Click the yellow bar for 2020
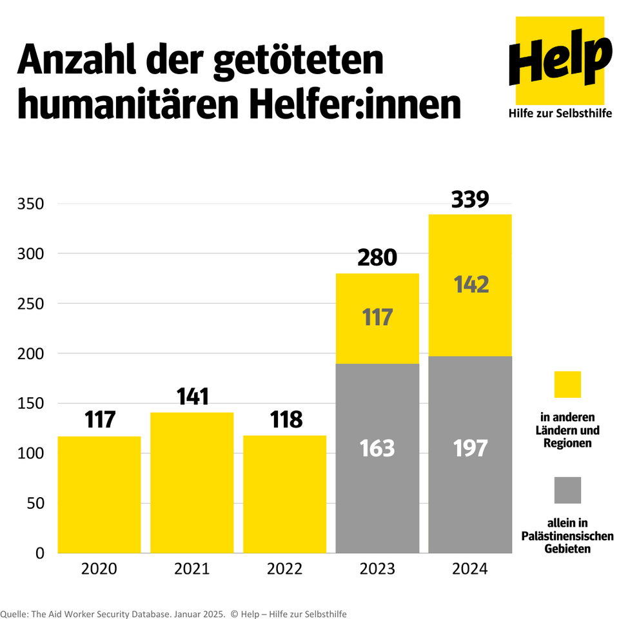99,495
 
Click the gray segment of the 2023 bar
377,490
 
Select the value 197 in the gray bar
470,448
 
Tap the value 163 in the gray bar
377,448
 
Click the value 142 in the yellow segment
470,284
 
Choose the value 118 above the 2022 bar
284,420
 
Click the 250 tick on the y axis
30,304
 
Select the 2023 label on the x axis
377,569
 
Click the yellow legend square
567,384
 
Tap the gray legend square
567,490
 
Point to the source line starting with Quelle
174,614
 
